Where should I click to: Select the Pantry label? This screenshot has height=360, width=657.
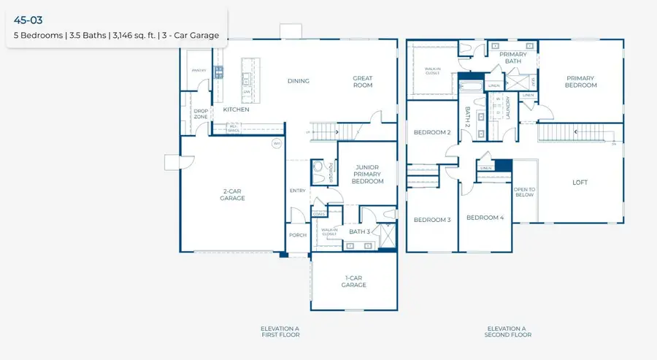point(198,70)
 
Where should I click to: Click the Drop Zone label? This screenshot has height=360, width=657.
point(201,114)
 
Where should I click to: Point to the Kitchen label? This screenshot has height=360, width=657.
point(237,110)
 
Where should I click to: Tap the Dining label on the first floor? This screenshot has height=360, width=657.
point(298,81)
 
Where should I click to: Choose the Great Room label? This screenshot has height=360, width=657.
point(363,82)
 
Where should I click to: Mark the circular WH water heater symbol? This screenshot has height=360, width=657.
point(277,143)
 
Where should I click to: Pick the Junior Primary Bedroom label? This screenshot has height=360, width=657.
point(366,174)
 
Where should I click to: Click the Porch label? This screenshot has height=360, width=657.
point(298,235)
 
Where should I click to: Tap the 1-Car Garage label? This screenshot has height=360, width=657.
point(356,281)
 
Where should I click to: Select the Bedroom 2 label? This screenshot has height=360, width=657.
point(431,132)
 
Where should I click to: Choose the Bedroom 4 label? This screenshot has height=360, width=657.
point(485,218)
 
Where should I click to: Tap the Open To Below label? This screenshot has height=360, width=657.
point(524,193)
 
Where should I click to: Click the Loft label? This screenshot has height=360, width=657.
point(580,183)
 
